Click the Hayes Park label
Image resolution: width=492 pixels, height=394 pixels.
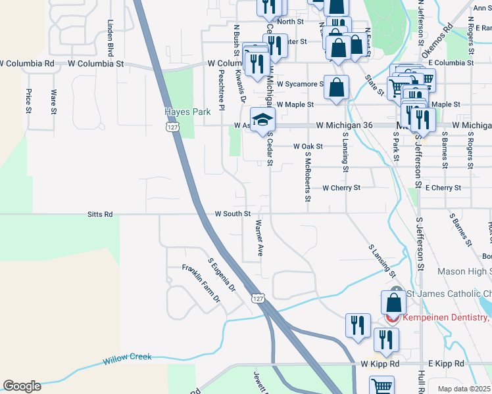(x=187, y=112)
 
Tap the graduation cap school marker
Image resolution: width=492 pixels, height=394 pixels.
(x=262, y=121)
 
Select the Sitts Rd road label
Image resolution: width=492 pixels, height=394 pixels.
(x=100, y=214)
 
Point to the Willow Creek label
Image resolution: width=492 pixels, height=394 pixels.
(x=127, y=358)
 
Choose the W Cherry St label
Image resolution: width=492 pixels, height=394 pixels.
(x=341, y=188)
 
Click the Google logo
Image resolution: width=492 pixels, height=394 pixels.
(x=22, y=386)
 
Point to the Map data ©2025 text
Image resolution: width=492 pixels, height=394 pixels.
(x=463, y=389)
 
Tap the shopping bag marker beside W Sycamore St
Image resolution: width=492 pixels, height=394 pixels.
(x=336, y=87)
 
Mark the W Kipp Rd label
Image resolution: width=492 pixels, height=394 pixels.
(x=380, y=364)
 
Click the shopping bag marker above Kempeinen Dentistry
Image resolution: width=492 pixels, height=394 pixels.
(x=393, y=303)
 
